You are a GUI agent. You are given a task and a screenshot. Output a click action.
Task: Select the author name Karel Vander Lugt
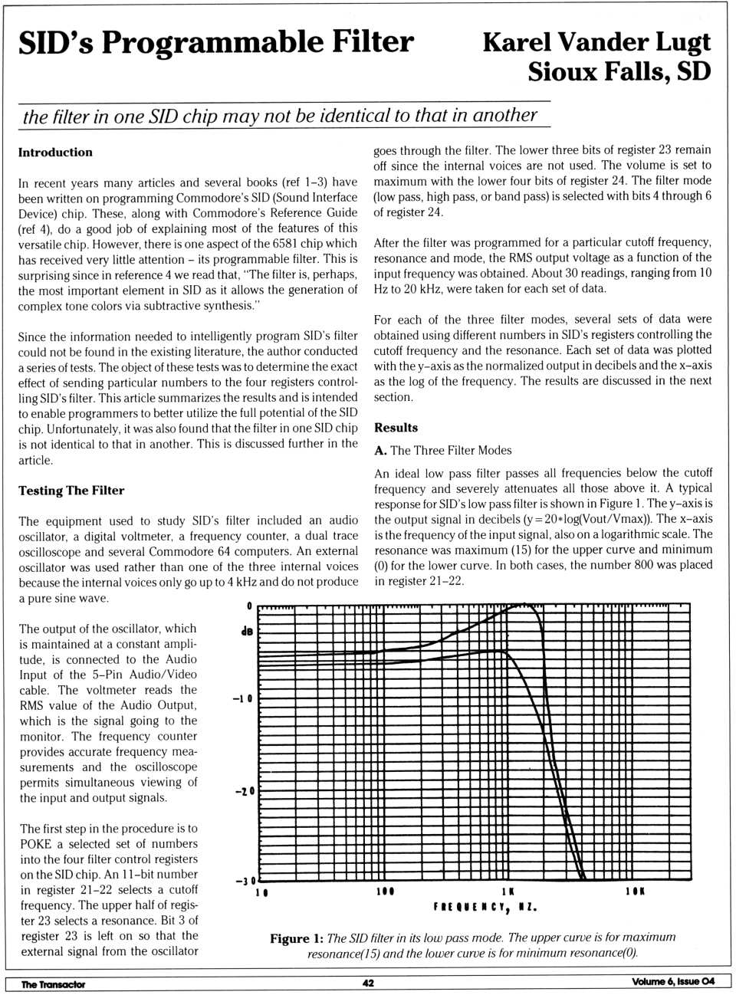[x=596, y=42]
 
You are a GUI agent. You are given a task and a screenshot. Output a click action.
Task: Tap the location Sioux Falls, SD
[x=619, y=72]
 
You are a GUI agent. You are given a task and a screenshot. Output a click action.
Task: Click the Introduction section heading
[x=55, y=153]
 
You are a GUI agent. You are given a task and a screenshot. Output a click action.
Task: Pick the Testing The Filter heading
[x=71, y=491]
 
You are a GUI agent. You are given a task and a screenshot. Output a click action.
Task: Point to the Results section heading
[x=396, y=428]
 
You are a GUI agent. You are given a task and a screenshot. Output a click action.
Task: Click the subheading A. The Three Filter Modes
[x=442, y=451]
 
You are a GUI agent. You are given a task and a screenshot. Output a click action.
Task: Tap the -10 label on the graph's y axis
[x=242, y=699]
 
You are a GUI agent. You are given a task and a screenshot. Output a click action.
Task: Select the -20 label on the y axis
[x=244, y=791]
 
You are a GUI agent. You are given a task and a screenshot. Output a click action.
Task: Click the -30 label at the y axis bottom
[x=245, y=881]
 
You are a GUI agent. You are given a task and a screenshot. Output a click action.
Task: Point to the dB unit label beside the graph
[x=246, y=632]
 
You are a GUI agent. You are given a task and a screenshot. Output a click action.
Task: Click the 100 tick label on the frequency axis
[x=385, y=892]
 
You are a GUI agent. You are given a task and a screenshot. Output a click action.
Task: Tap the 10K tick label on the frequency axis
[x=635, y=892]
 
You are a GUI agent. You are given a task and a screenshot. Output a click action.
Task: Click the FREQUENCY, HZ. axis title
[x=485, y=908]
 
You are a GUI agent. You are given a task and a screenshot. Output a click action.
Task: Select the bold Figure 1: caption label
[x=296, y=939]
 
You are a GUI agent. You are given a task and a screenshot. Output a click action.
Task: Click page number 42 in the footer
[x=368, y=984]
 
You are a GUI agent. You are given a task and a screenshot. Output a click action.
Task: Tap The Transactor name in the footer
[x=53, y=984]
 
